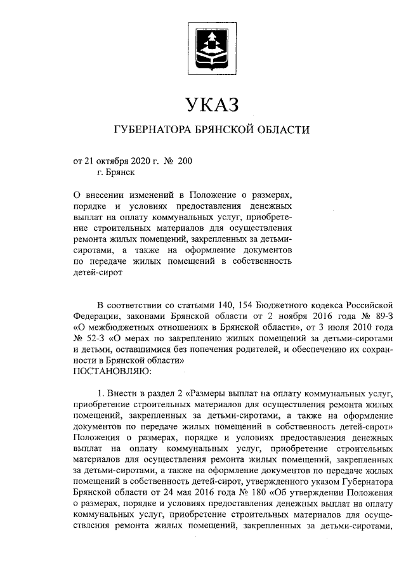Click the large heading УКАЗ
[x=211, y=103]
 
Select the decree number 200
[x=185, y=161]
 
